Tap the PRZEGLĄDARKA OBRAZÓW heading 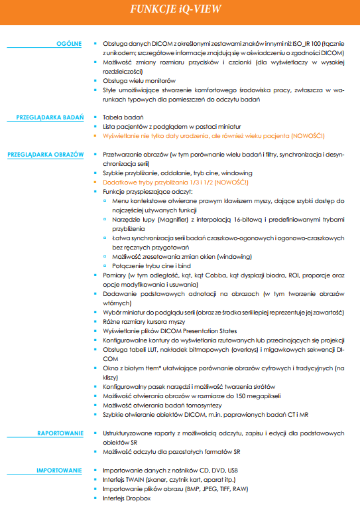coord(46,154)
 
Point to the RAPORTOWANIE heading coord(61,432)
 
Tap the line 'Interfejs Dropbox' coord(127,498)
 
